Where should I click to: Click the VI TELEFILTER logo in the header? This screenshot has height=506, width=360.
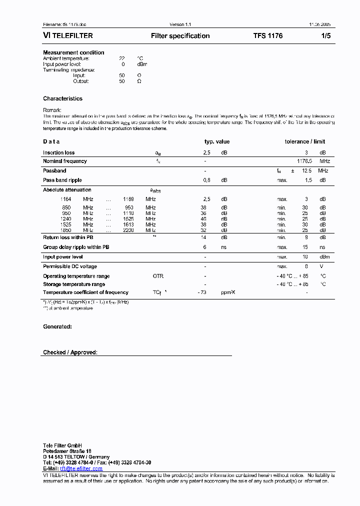67,36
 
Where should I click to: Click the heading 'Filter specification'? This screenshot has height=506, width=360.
180,36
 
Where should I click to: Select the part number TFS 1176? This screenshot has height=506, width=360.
267,36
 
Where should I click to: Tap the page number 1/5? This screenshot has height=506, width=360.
325,36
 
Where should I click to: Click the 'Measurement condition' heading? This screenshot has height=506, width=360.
73,52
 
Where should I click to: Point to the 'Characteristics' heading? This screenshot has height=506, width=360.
62,98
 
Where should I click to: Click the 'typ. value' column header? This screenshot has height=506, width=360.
217,141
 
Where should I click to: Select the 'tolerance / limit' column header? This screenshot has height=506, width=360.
305,141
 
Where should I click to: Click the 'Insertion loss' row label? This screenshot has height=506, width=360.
58,152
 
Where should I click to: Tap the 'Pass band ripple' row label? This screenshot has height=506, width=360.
62,180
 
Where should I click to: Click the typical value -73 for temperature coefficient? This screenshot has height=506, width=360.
202,292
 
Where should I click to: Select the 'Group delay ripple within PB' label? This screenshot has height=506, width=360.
76,247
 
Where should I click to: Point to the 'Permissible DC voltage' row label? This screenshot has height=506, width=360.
70,266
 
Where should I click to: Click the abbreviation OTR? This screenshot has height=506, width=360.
158,276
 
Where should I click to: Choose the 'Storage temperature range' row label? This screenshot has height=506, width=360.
74,284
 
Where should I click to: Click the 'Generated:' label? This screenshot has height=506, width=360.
57,326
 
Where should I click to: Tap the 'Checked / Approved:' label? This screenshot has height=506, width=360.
70,352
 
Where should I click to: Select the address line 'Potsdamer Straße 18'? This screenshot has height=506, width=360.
67,451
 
